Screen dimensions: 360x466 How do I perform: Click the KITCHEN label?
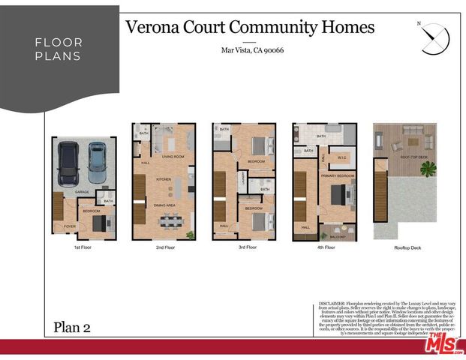click(164, 180)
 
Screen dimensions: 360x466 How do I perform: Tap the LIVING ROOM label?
click(173, 157)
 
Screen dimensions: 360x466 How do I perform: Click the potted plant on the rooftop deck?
click(428, 168)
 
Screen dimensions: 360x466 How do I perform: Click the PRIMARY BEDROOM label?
click(337, 175)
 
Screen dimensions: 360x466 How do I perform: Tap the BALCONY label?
click(337, 236)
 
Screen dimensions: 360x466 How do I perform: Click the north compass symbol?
click(434, 38)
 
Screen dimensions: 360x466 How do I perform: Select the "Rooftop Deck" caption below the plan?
click(405, 247)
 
